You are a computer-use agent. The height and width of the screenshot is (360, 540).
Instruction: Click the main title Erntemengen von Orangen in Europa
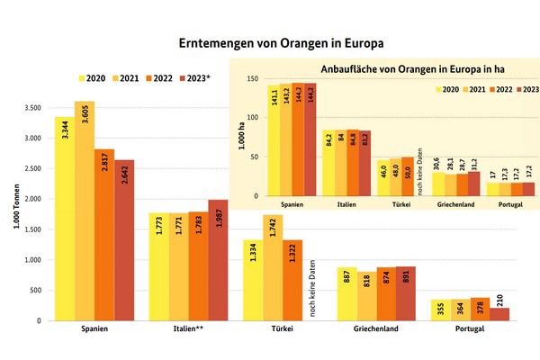pyautogui.click(x=269, y=43)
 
